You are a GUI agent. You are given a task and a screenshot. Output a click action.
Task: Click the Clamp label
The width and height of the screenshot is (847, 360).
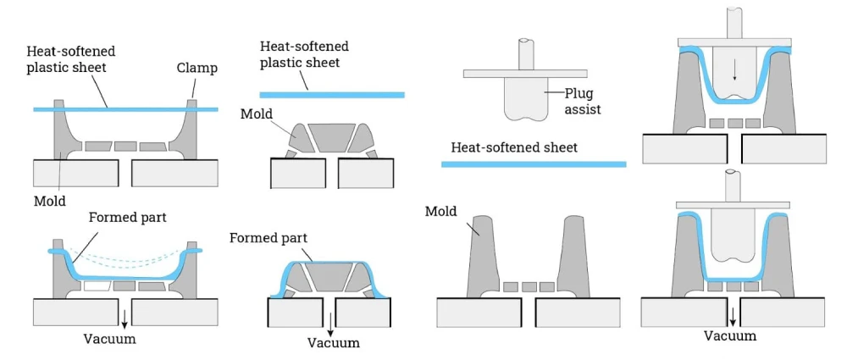(196, 67)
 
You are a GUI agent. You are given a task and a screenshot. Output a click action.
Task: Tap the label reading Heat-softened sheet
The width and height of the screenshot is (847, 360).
(514, 147)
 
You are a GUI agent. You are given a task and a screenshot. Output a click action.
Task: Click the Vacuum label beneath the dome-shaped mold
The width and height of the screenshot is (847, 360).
(333, 342)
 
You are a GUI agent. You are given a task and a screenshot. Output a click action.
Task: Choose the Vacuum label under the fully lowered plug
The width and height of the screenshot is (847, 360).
(730, 335)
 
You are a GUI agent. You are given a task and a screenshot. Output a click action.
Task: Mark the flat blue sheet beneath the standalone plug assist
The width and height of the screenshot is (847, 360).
(534, 163)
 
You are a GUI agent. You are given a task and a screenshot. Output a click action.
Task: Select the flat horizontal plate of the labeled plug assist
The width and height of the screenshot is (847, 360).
(525, 74)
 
